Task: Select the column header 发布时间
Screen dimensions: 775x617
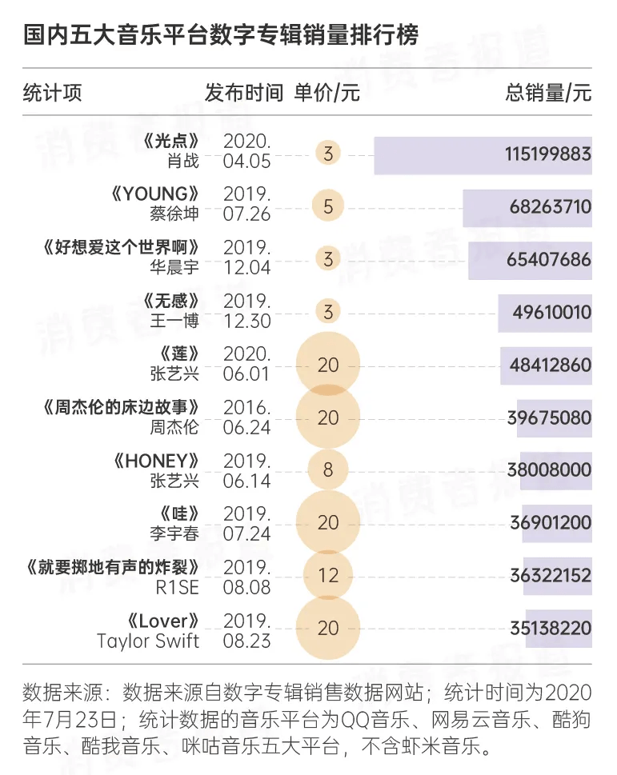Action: pos(244,93)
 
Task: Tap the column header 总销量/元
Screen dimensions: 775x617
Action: pos(548,93)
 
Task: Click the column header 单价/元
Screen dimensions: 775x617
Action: pos(327,93)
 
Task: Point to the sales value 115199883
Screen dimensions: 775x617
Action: pos(547,154)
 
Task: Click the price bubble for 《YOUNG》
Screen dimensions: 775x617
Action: pos(328,206)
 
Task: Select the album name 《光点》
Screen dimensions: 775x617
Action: pos(170,142)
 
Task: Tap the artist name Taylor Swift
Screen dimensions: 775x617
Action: pos(148,641)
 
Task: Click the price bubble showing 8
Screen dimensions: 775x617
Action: pos(328,469)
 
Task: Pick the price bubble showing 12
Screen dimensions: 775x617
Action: pos(328,575)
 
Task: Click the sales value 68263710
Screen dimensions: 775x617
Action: pos(550,207)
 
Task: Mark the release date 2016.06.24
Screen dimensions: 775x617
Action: pos(247,417)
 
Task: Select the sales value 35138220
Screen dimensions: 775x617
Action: pos(550,628)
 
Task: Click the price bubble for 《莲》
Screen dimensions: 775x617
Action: pos(328,365)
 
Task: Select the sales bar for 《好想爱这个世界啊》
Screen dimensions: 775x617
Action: pos(530,260)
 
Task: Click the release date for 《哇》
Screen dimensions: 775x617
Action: pos(247,522)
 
